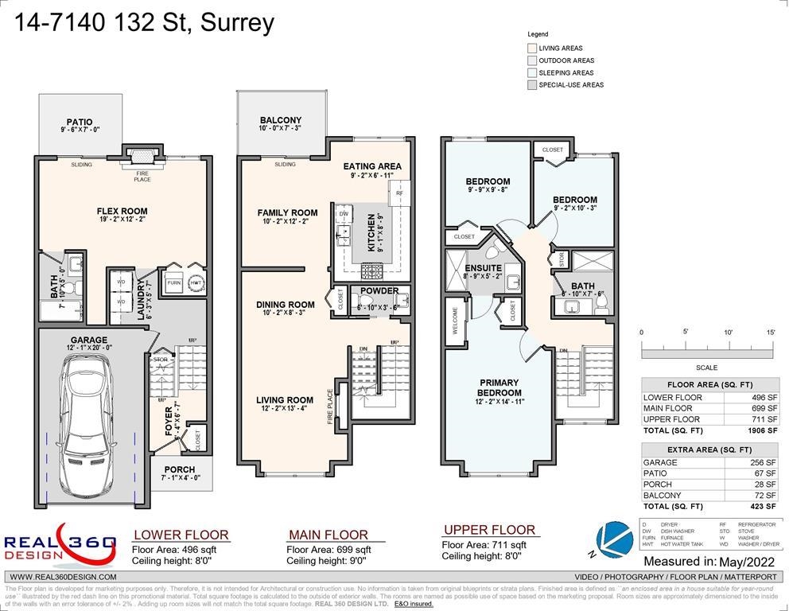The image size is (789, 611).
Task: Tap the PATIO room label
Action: tap(80, 123)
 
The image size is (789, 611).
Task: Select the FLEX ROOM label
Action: tap(122, 212)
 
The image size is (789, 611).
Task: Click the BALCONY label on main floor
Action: tap(280, 120)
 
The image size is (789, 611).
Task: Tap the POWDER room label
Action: tap(379, 290)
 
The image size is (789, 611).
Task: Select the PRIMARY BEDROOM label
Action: tap(499, 387)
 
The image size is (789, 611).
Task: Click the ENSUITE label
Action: tap(483, 268)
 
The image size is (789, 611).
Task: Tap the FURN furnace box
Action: tap(173, 282)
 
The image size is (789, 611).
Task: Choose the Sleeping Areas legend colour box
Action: tap(532, 72)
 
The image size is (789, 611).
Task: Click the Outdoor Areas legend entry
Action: tap(566, 60)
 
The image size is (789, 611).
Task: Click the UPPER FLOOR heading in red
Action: tap(488, 530)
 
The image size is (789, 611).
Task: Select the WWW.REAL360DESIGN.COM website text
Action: tap(64, 577)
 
